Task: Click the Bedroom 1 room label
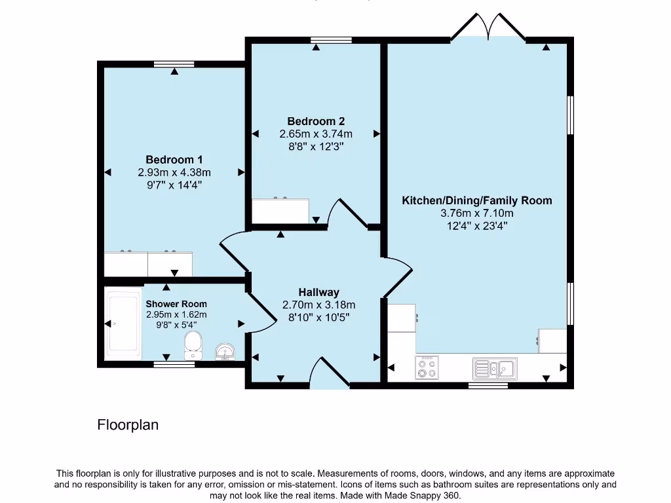(174, 160)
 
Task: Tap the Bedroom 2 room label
(316, 121)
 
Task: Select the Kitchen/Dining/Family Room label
(476, 200)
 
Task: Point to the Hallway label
(318, 292)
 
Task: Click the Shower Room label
(176, 304)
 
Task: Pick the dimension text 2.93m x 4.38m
(174, 172)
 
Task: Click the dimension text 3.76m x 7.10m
(476, 213)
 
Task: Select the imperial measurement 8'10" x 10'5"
(318, 318)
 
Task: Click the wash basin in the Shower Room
(226, 352)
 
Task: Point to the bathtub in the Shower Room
(124, 323)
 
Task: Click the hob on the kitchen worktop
(427, 367)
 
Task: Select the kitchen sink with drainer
(495, 367)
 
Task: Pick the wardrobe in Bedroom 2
(280, 211)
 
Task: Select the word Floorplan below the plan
(128, 425)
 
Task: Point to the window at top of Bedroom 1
(174, 64)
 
